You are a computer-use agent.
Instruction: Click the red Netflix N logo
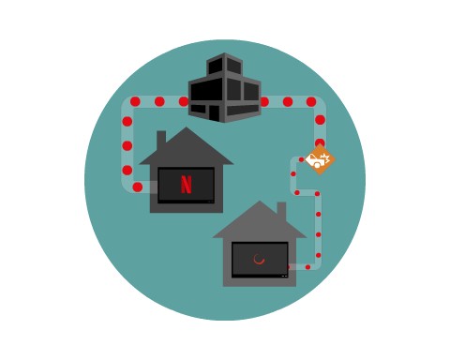click(x=186, y=184)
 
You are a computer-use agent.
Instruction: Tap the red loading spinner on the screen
click(x=259, y=259)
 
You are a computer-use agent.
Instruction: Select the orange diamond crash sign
click(x=320, y=159)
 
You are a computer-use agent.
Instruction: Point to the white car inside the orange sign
click(x=316, y=161)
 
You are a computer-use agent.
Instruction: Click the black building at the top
click(x=224, y=88)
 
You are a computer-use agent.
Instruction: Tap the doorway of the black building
click(x=214, y=112)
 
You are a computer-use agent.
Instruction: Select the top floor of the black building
click(x=225, y=66)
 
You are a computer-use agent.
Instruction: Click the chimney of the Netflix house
click(x=161, y=138)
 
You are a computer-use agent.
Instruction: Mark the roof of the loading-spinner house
click(x=258, y=221)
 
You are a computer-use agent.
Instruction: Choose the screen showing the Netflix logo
click(x=186, y=185)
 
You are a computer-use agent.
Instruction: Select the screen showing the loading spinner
click(x=260, y=259)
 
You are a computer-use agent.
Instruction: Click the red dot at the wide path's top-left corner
click(x=135, y=101)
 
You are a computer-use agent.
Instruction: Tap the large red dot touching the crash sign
click(x=320, y=142)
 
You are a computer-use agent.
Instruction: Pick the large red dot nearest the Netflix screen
click(x=138, y=187)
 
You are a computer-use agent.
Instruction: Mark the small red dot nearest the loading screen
click(x=307, y=267)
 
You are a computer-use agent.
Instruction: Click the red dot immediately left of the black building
click(x=184, y=101)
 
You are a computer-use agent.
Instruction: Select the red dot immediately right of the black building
click(x=264, y=101)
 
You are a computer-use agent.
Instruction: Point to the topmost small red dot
click(x=301, y=159)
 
